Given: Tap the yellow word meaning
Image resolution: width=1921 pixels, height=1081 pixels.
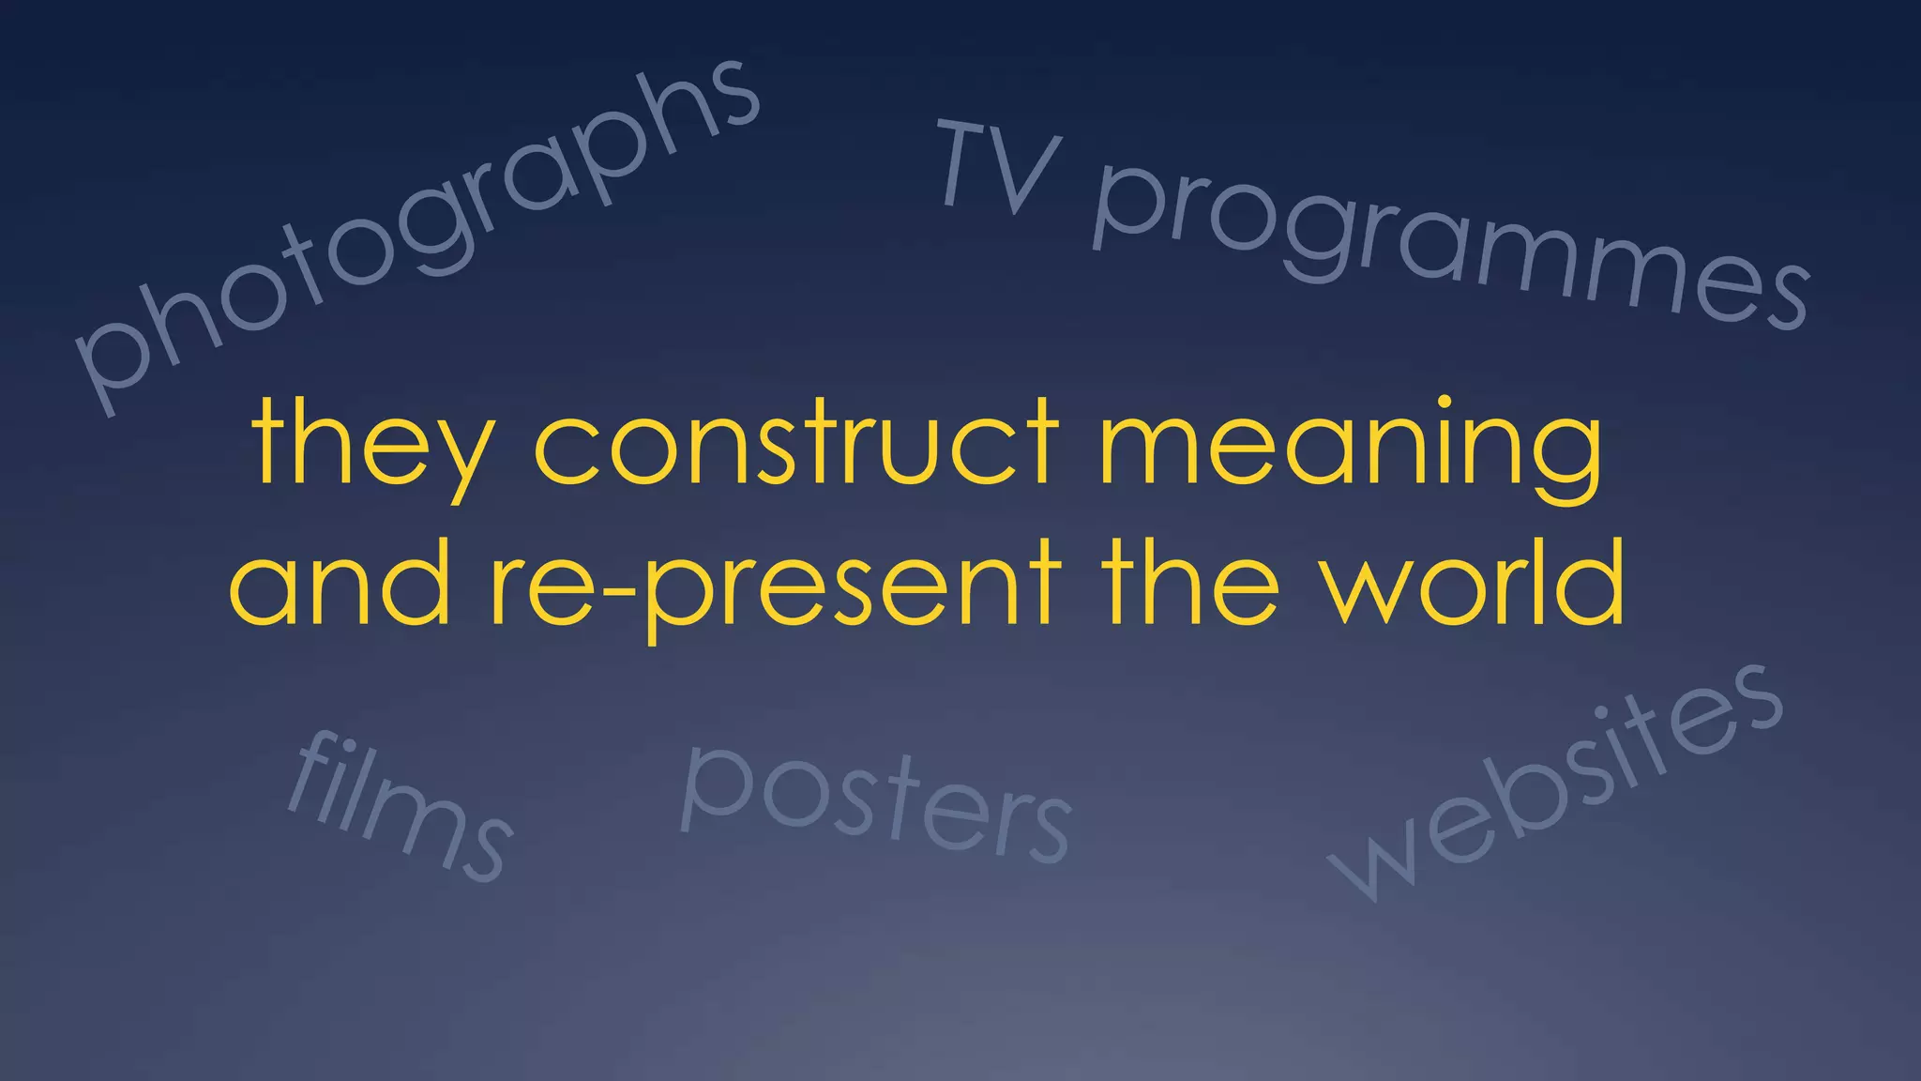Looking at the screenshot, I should pyautogui.click(x=1351, y=445).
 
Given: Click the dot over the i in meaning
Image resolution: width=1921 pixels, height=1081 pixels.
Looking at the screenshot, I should pyautogui.click(x=1445, y=403).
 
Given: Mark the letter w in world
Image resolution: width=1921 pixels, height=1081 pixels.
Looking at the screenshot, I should pyautogui.click(x=1366, y=591).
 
